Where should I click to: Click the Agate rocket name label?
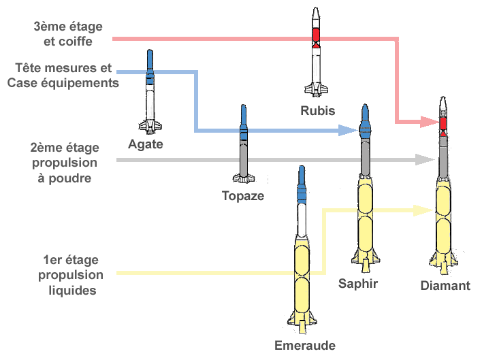[x=146, y=144]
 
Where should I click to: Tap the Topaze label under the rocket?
[x=243, y=196]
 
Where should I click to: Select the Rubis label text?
[x=317, y=110]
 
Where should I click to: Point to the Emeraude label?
[x=305, y=345]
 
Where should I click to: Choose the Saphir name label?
[x=357, y=283]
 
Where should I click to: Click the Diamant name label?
[x=445, y=286]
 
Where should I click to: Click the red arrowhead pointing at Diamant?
[x=429, y=122]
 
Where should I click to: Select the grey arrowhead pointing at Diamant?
[x=426, y=160]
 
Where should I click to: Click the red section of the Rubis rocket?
[x=316, y=35]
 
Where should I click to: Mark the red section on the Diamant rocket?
[x=443, y=124]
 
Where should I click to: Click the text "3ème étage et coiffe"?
[x=68, y=34]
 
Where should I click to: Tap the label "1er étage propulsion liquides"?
[x=71, y=275]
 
